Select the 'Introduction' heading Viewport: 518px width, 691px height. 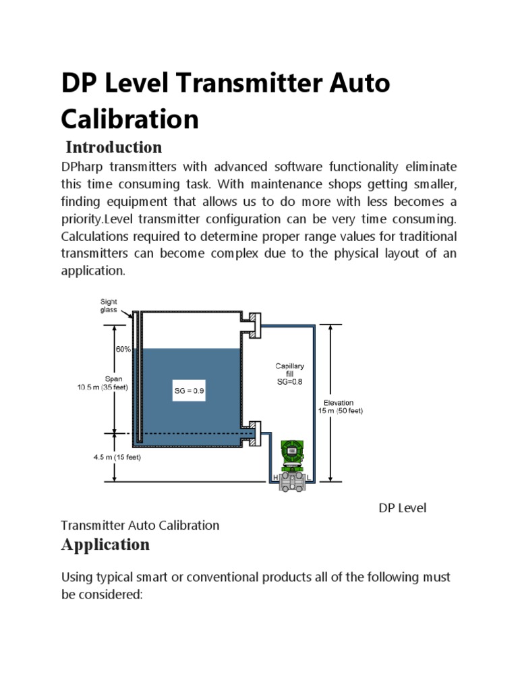point(113,147)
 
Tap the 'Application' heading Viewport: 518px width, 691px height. point(105,544)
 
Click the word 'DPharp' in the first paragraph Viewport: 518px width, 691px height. point(85,167)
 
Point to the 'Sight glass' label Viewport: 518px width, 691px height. point(109,305)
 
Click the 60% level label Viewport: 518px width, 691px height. point(123,350)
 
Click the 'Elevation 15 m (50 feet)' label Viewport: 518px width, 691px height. point(340,406)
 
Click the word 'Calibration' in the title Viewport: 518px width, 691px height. point(129,119)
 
